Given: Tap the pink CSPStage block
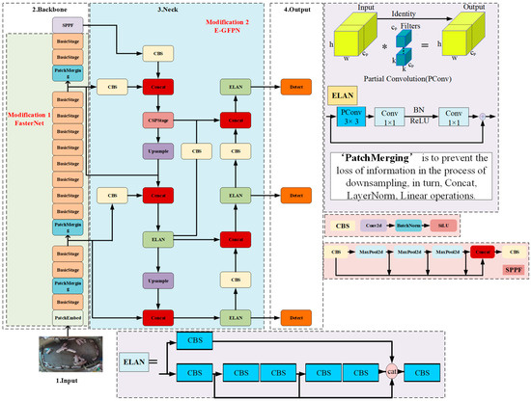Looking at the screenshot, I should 155,120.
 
